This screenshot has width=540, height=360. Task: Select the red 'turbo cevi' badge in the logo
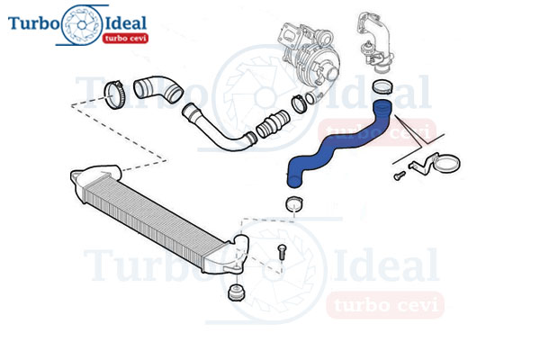(x=125, y=38)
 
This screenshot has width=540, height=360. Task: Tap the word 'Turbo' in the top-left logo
(x=34, y=23)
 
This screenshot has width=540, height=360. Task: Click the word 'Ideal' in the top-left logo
(x=126, y=23)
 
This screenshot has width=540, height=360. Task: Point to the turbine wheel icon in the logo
(x=82, y=25)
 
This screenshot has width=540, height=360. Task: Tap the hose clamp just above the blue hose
(x=382, y=86)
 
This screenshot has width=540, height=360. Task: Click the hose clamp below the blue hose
(x=294, y=204)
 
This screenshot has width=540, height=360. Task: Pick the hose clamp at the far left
(x=114, y=94)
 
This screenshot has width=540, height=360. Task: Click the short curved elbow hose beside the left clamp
(x=158, y=89)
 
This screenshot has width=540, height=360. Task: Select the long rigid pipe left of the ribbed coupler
(x=218, y=128)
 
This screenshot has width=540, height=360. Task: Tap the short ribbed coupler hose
(x=273, y=124)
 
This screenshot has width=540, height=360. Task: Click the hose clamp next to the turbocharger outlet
(x=300, y=103)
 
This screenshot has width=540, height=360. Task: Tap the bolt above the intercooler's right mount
(x=282, y=253)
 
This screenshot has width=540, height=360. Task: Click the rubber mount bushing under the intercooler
(x=237, y=292)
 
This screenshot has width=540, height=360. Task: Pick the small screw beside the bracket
(x=400, y=175)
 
